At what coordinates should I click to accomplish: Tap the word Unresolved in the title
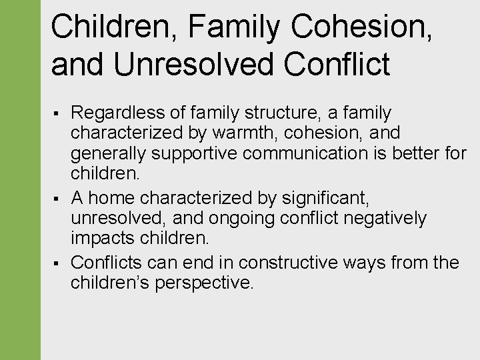pyautogui.click(x=194, y=64)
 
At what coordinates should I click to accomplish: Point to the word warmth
pyautogui.click(x=251, y=133)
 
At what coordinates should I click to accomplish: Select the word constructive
pyautogui.click(x=287, y=262)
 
